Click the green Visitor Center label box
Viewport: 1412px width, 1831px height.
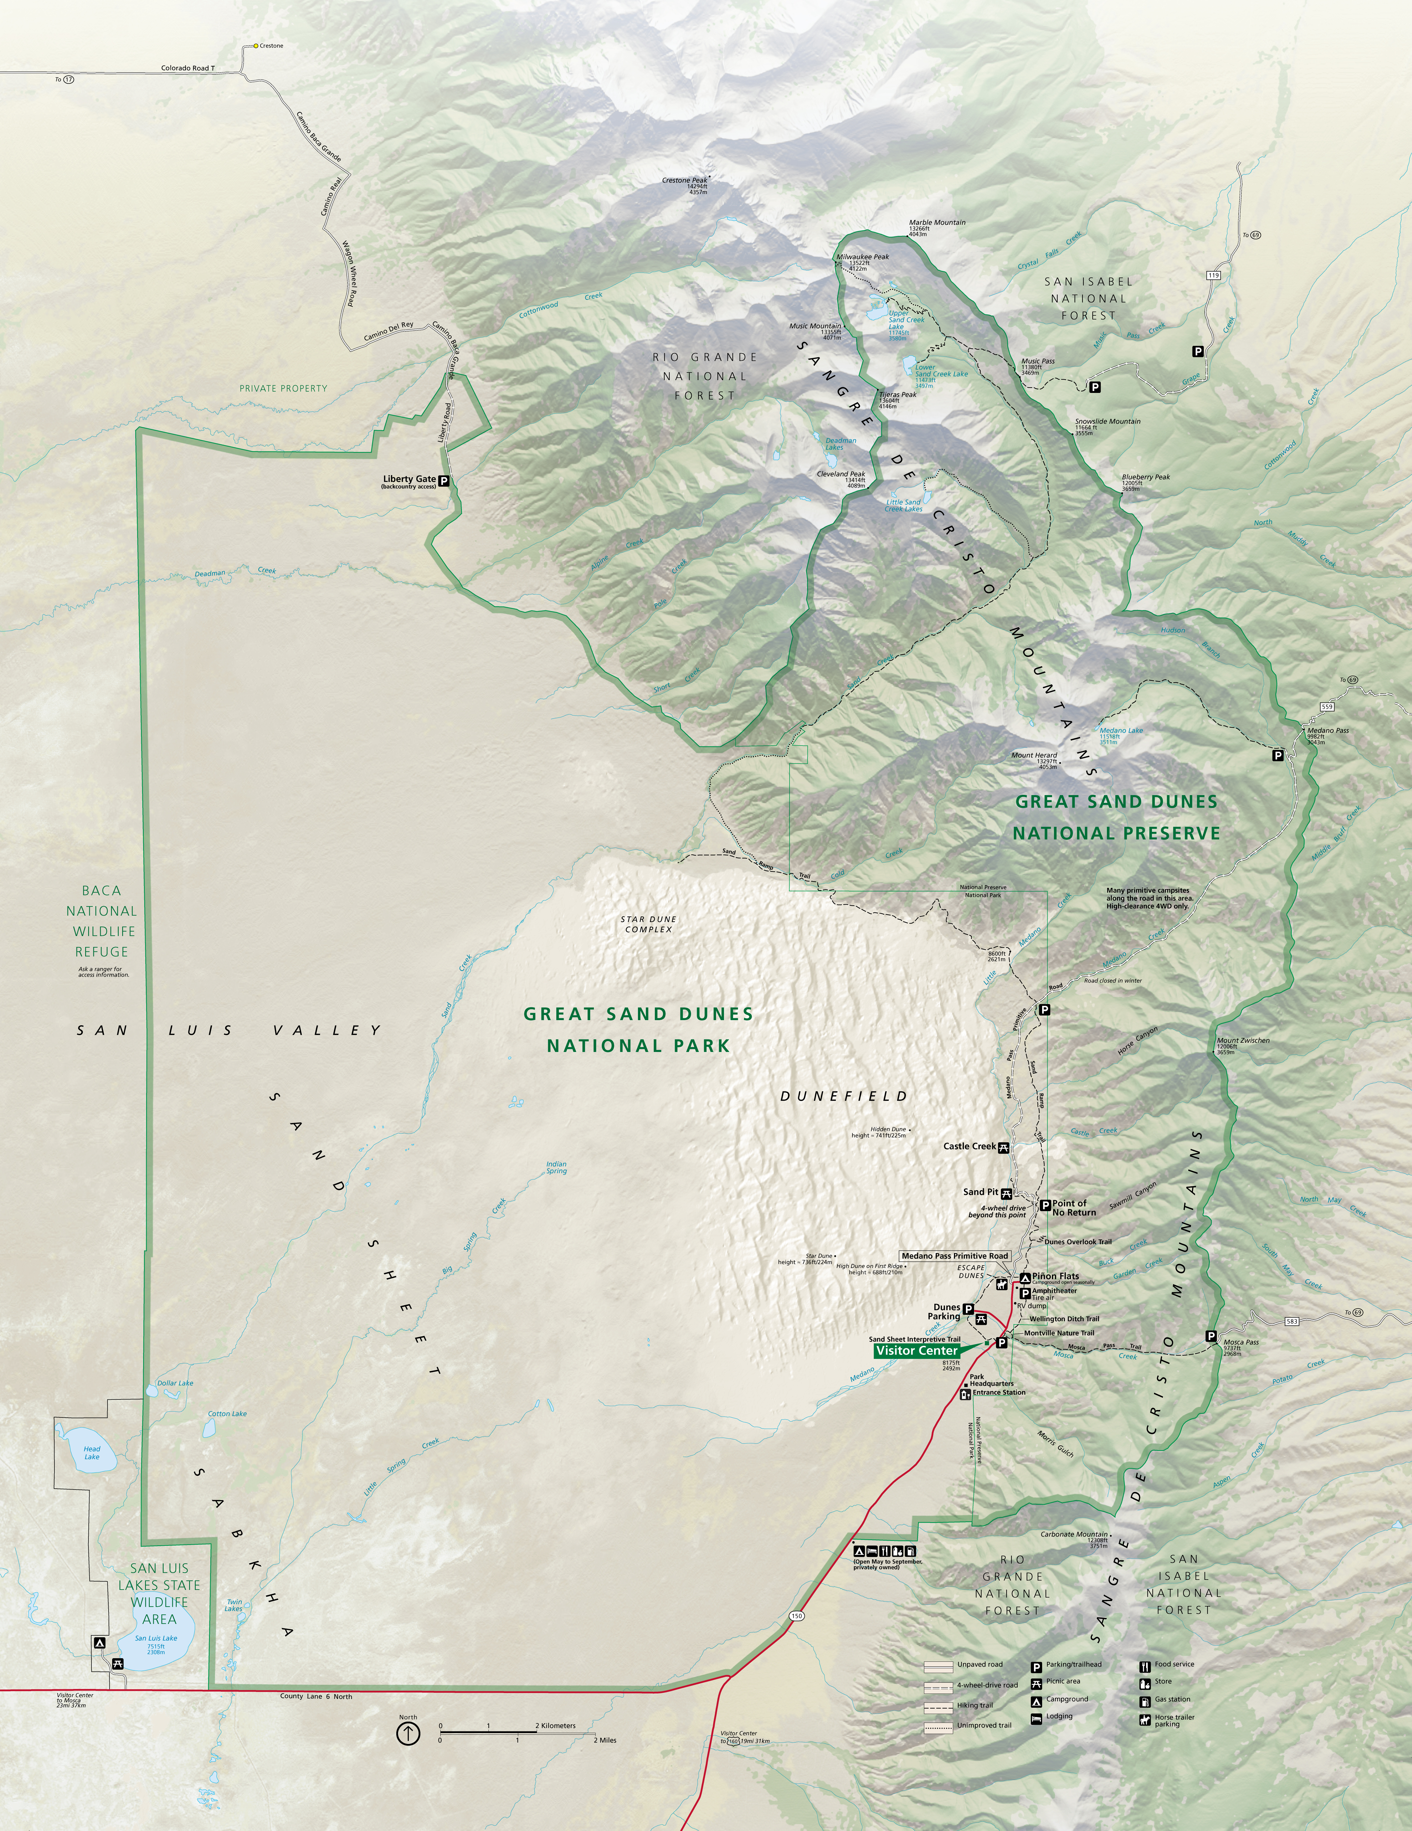(916, 1351)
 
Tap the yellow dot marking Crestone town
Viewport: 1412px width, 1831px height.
(256, 46)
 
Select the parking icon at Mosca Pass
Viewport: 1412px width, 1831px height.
(1211, 1335)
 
